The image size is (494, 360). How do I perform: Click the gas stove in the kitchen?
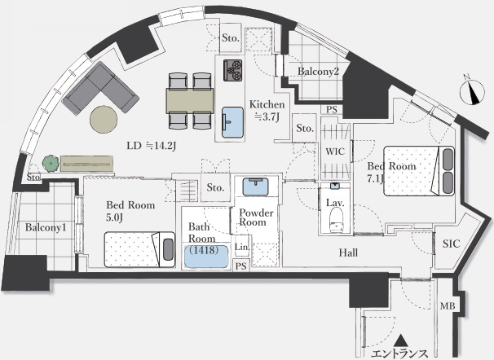coord(233,70)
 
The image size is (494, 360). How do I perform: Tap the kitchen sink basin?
coord(233,122)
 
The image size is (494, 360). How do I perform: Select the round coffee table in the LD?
coord(104,119)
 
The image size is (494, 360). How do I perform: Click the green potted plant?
coord(51,164)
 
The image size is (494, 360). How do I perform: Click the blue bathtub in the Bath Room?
coord(206,257)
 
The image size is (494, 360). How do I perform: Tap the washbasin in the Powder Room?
coord(255,187)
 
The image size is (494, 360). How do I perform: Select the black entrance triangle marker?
coord(401,340)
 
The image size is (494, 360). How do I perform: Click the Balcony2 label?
coord(318,72)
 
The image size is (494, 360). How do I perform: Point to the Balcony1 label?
coord(46,227)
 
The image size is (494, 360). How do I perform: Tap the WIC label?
coord(335,151)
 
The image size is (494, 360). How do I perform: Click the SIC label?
coord(451,244)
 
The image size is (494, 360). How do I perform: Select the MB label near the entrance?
coord(448,305)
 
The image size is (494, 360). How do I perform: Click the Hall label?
coord(348,252)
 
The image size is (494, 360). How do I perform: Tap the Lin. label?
coord(242,247)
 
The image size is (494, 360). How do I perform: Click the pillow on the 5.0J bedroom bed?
coord(168,249)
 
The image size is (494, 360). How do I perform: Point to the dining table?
coord(190,100)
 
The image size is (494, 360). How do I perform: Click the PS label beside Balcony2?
coord(332,109)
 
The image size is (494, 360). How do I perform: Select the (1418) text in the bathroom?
coord(204,250)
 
